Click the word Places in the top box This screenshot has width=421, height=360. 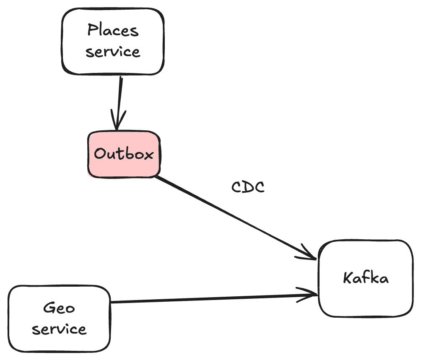tap(113, 30)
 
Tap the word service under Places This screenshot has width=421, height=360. tap(113, 52)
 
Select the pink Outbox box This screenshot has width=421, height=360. tap(124, 154)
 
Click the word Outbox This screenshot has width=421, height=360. tap(124, 154)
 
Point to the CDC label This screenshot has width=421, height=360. tap(248, 187)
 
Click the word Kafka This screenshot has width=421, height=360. tap(366, 278)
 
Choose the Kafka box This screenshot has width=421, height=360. tap(366, 278)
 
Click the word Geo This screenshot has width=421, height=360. tap(59, 308)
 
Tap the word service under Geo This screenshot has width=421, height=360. tap(60, 329)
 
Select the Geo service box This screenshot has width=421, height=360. tap(59, 319)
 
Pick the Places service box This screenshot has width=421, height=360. tap(113, 41)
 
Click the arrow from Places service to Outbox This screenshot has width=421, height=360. tap(119, 103)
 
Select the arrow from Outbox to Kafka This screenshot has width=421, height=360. tap(236, 218)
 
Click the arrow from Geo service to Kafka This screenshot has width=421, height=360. tap(214, 298)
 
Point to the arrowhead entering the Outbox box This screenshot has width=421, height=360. tap(117, 120)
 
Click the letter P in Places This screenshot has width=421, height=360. tap(92, 30)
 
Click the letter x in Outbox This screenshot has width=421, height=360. tap(148, 155)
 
